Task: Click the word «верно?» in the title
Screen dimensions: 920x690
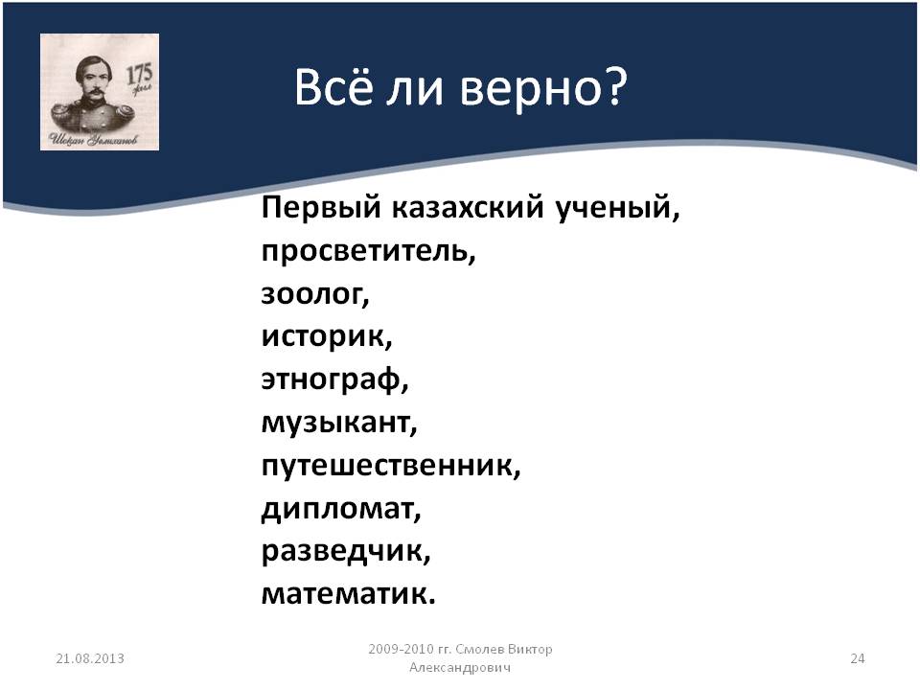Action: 543,88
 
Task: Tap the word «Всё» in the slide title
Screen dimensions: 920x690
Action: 333,87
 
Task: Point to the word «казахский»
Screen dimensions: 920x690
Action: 468,208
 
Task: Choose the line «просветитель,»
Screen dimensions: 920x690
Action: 368,252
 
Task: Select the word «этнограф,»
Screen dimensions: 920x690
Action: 335,380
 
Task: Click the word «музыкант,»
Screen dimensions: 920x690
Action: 339,424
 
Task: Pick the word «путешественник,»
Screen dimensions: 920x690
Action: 391,467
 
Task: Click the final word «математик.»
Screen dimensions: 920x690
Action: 349,595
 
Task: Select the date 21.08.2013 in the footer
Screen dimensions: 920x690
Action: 90,658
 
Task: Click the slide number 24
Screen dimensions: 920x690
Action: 857,658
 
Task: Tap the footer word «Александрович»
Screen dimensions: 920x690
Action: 460,668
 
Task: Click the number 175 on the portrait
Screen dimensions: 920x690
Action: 140,74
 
